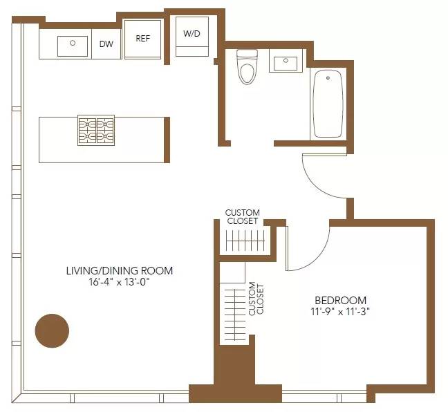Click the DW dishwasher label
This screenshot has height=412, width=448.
pyautogui.click(x=106, y=44)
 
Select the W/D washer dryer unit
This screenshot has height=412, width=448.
pyautogui.click(x=192, y=37)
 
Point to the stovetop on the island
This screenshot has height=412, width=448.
pyautogui.click(x=95, y=130)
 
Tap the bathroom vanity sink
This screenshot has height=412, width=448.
pyautogui.click(x=285, y=64)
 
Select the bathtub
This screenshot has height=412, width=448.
pyautogui.click(x=328, y=104)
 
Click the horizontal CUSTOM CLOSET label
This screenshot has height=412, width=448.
pyautogui.click(x=243, y=216)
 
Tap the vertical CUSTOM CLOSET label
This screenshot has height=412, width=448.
pyautogui.click(x=256, y=298)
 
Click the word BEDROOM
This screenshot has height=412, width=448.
pyautogui.click(x=340, y=300)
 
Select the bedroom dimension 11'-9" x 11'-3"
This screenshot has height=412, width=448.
pyautogui.click(x=340, y=312)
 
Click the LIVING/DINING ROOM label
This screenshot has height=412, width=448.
pyautogui.click(x=119, y=270)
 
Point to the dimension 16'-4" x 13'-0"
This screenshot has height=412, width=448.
pyautogui.click(x=119, y=282)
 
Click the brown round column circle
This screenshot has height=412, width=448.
pyautogui.click(x=53, y=330)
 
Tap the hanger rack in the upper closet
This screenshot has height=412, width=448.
pyautogui.click(x=245, y=242)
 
